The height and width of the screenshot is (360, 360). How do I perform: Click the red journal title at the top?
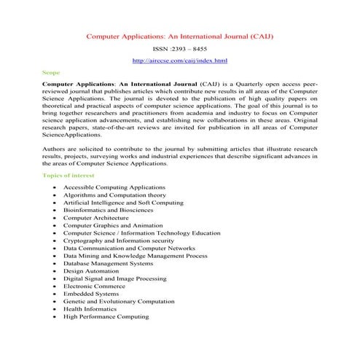pos(179,35)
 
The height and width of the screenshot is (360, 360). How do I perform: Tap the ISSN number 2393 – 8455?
pos(179,48)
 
